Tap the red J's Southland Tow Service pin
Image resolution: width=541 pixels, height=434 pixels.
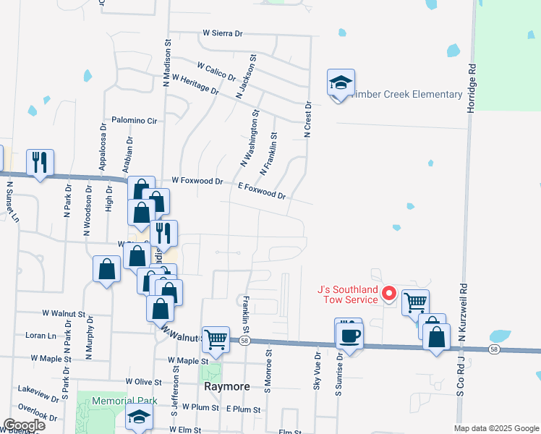coord(388,293)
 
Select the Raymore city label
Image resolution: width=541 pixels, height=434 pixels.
coord(226,386)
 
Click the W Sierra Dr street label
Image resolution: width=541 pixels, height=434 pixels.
coord(223,33)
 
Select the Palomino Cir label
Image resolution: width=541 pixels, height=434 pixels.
coord(135,120)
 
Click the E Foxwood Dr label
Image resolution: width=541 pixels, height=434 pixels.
coord(262,190)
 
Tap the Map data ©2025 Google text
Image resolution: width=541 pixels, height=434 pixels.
coord(497,428)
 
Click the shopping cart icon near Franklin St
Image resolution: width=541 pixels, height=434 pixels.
coord(216,339)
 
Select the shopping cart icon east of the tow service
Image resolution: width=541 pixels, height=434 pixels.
coord(415,302)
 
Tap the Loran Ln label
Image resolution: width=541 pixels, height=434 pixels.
coord(41,336)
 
